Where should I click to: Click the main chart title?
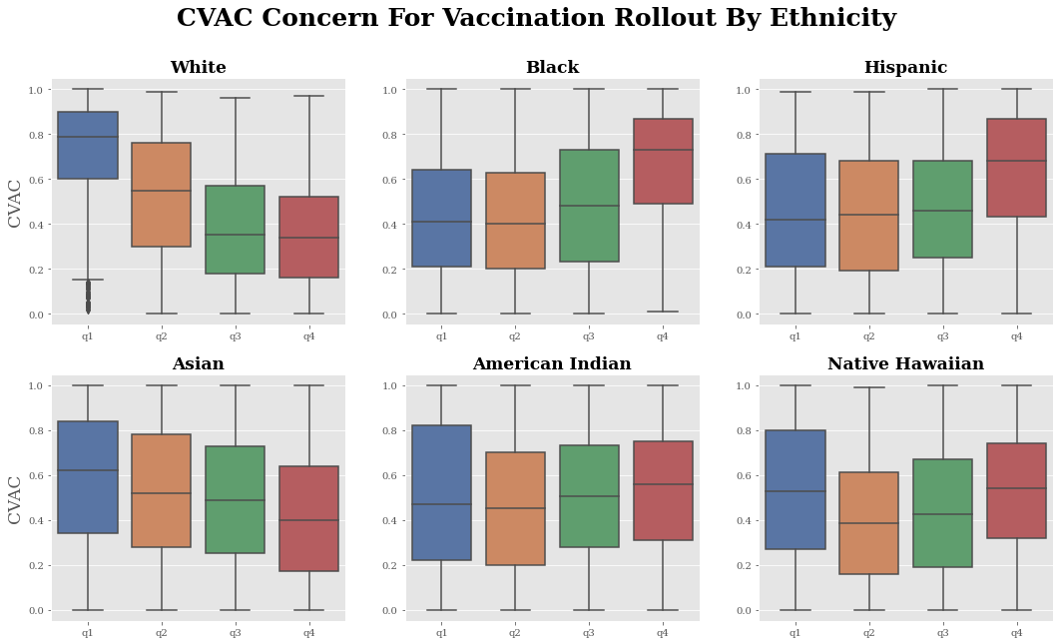[536, 19]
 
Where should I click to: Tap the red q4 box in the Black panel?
[663, 161]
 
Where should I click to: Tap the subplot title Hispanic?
[905, 68]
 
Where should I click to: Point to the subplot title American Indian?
[552, 364]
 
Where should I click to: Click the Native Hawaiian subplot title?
[905, 364]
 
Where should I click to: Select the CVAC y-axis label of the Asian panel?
[15, 499]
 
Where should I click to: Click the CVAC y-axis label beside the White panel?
[15, 203]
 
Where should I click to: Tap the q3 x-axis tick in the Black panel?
[589, 336]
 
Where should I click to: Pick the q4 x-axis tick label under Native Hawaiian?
[1016, 633]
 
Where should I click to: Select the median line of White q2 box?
[162, 191]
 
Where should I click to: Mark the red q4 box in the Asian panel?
[309, 518]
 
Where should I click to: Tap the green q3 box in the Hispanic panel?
[943, 209]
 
